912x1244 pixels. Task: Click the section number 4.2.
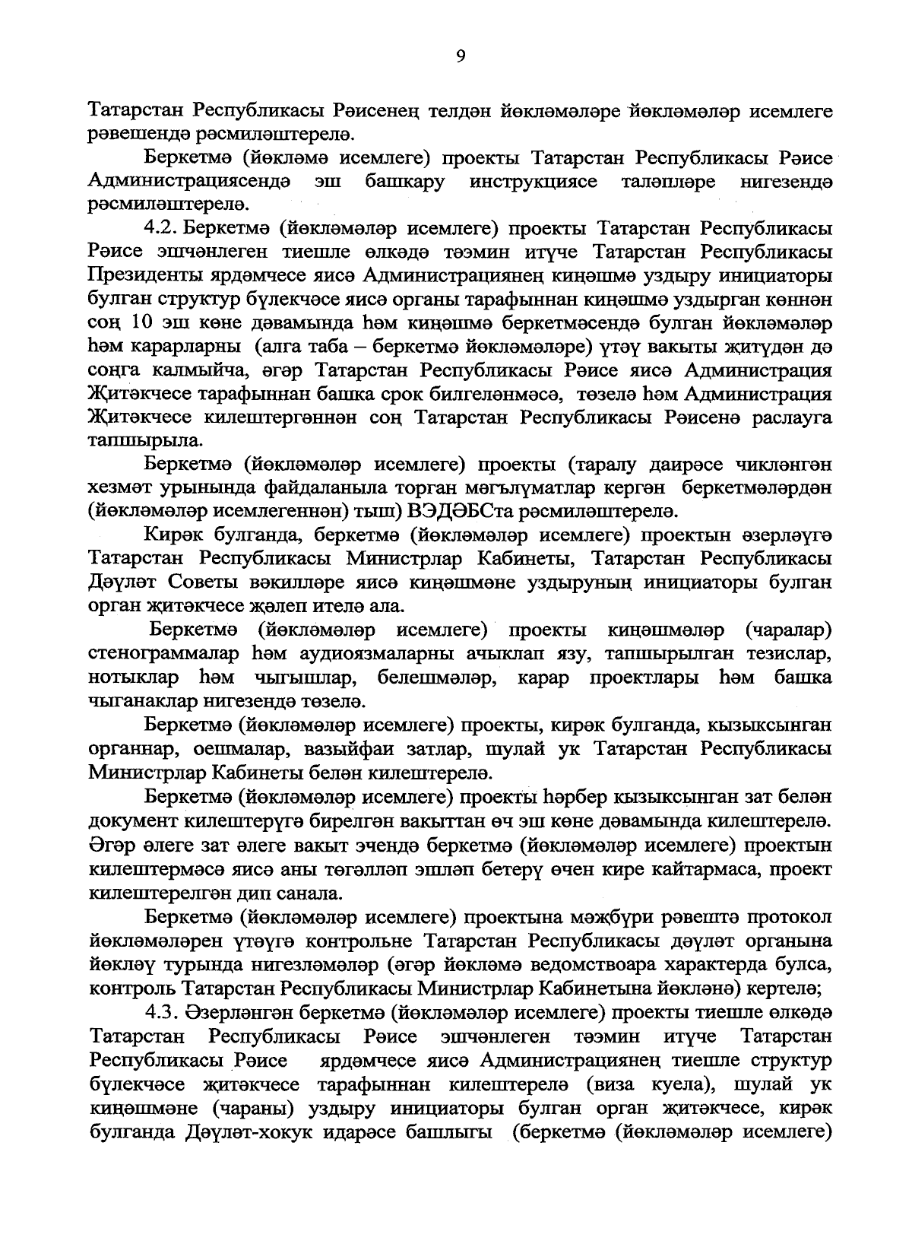pos(160,228)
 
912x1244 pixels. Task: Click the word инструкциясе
pos(534,182)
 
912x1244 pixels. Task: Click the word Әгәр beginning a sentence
pos(109,845)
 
